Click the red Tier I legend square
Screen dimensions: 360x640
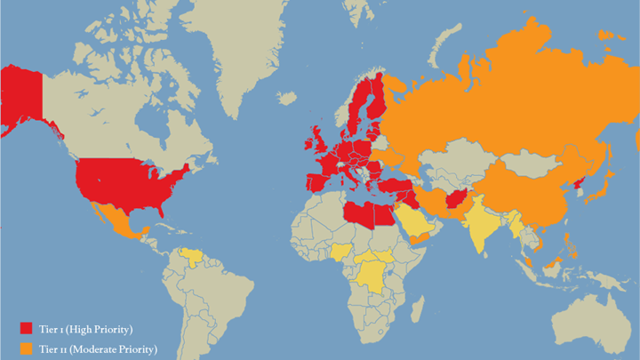point(26,329)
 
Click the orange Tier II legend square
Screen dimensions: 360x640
point(26,348)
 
